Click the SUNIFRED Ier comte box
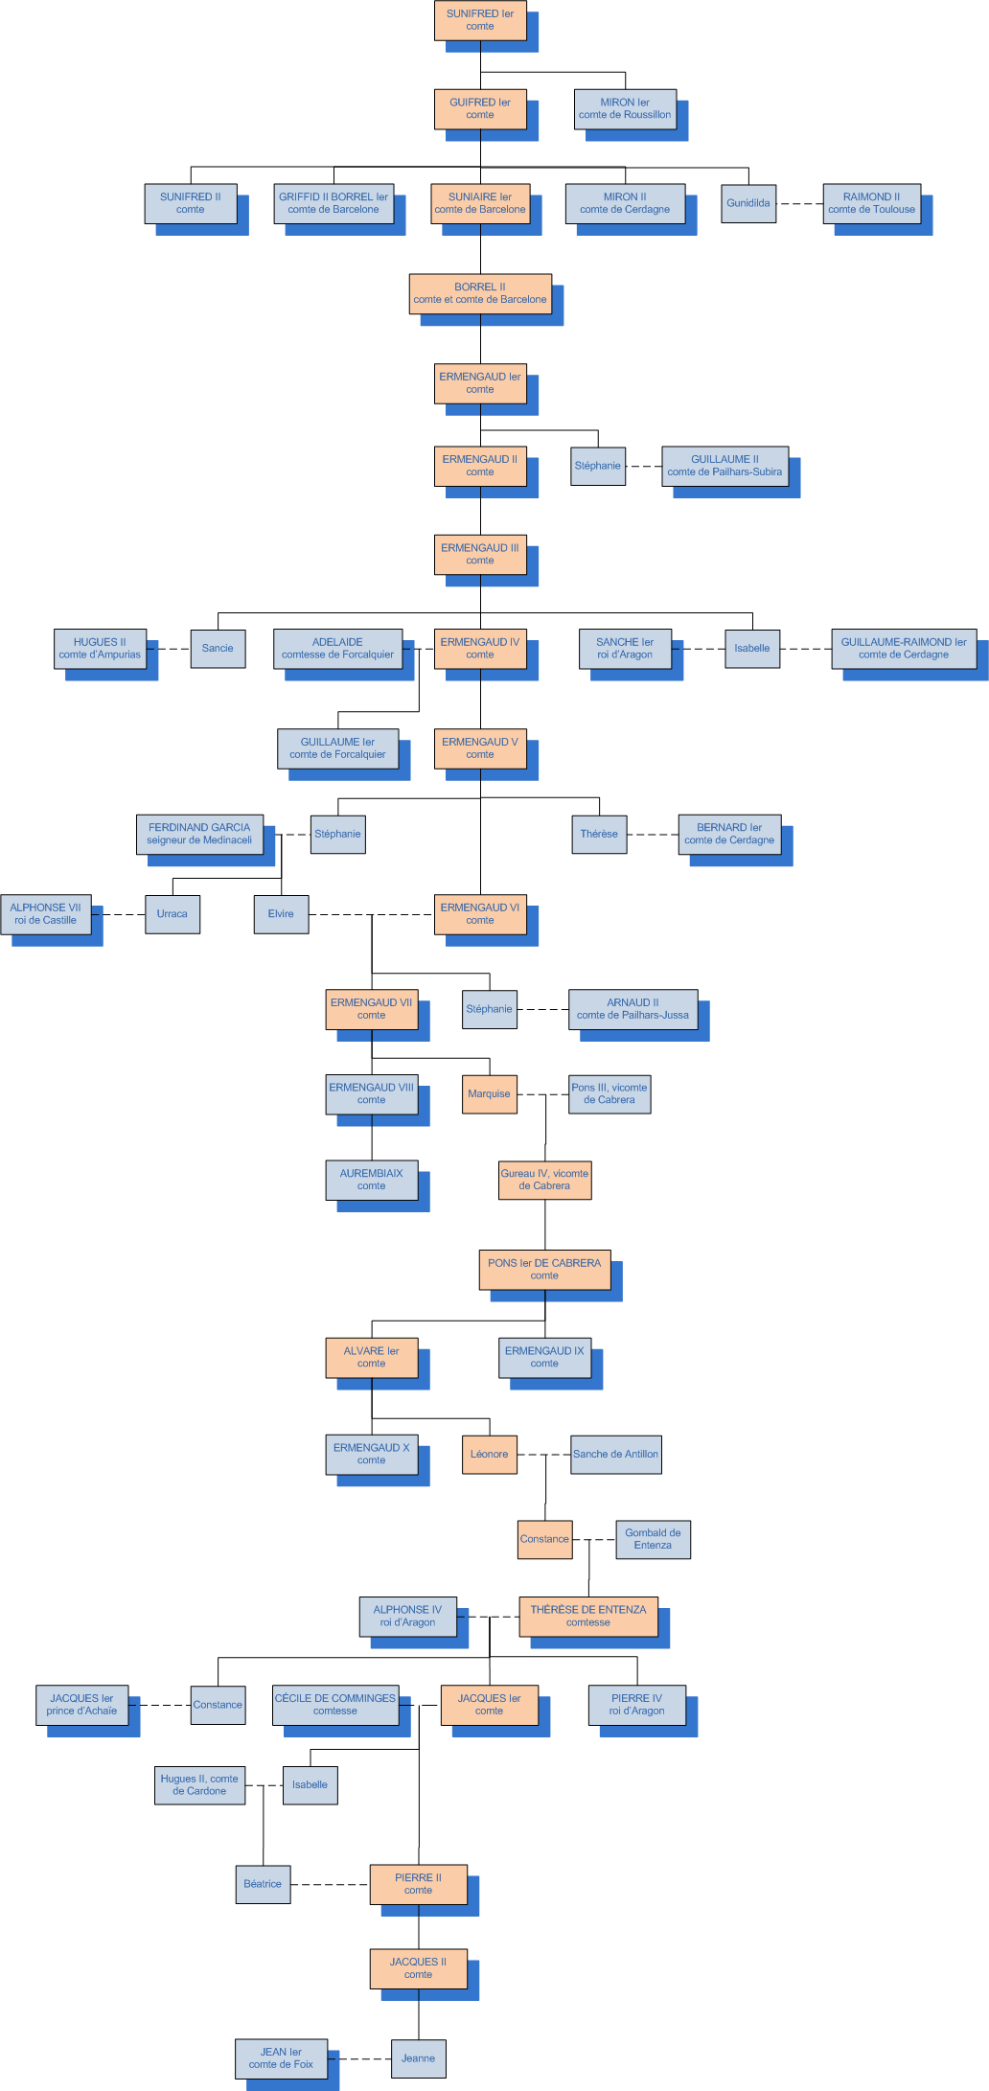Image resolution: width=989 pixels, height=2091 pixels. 480,20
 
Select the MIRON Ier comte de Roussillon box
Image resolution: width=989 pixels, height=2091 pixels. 625,108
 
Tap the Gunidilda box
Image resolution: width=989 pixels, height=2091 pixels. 748,203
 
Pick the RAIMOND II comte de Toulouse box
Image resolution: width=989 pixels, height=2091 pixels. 871,203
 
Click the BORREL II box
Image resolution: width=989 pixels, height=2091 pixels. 480,293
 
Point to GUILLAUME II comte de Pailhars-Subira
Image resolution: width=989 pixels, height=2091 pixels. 724,466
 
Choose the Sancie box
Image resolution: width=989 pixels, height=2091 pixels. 218,648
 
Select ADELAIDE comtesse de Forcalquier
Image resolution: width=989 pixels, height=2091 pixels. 337,649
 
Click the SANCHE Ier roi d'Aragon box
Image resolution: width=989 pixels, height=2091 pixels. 625,649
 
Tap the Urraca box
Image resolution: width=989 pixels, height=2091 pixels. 172,913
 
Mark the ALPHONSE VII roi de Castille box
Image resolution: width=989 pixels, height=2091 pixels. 45,913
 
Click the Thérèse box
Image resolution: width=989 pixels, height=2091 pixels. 599,834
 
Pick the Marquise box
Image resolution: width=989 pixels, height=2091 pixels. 489,1093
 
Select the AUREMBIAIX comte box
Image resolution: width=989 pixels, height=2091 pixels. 371,1180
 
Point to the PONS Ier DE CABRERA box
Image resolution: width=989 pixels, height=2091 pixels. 544,1269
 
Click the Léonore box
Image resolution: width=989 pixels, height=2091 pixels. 489,1454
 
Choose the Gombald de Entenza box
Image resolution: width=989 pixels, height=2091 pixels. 653,1539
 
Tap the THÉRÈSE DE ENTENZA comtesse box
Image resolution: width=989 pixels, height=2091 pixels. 588,1616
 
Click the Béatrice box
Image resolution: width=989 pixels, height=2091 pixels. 263,1884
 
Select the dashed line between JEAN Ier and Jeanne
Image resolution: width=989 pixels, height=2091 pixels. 359,2058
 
